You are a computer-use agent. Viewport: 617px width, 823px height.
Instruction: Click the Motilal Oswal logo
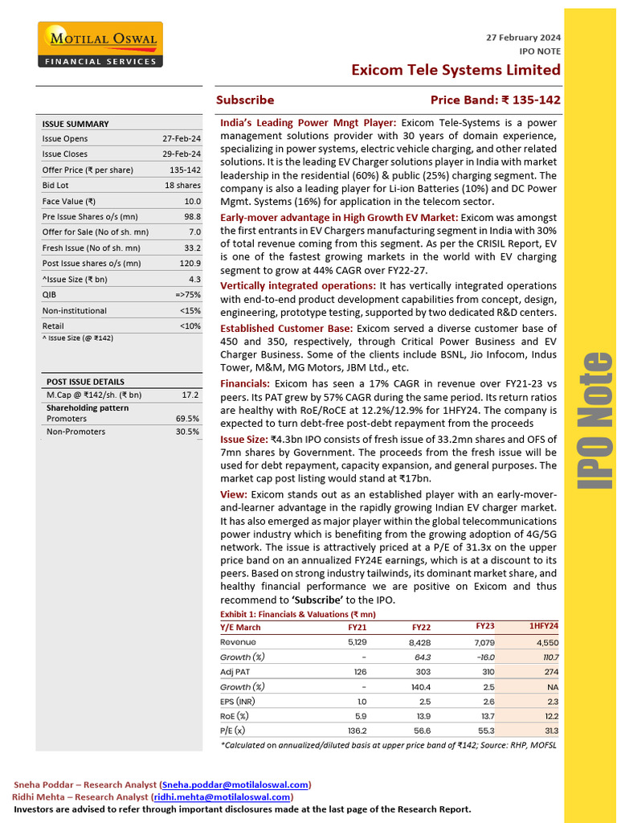tap(100, 45)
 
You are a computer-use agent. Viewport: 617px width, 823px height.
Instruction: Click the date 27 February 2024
tap(524, 38)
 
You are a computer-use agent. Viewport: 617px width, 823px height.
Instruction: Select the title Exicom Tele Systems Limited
tap(456, 70)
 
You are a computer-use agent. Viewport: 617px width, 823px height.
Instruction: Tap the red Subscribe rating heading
tap(245, 100)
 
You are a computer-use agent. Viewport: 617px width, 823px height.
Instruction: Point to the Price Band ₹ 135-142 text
tap(495, 100)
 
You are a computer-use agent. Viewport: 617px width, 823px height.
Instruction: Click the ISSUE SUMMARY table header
tap(76, 124)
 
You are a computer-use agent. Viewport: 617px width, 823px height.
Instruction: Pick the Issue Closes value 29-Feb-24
tap(182, 154)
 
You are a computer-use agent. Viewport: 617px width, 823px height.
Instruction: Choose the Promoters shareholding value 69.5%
tap(187, 419)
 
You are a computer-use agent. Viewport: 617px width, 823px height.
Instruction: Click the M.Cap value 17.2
tap(190, 395)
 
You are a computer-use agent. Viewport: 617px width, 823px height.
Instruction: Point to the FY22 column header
tap(421, 627)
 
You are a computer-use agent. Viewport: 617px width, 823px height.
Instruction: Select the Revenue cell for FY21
tap(357, 642)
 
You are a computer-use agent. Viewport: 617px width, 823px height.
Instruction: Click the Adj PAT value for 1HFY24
tap(550, 671)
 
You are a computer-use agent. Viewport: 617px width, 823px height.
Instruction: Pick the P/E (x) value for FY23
tap(484, 731)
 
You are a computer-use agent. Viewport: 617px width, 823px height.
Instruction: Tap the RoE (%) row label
tap(235, 715)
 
